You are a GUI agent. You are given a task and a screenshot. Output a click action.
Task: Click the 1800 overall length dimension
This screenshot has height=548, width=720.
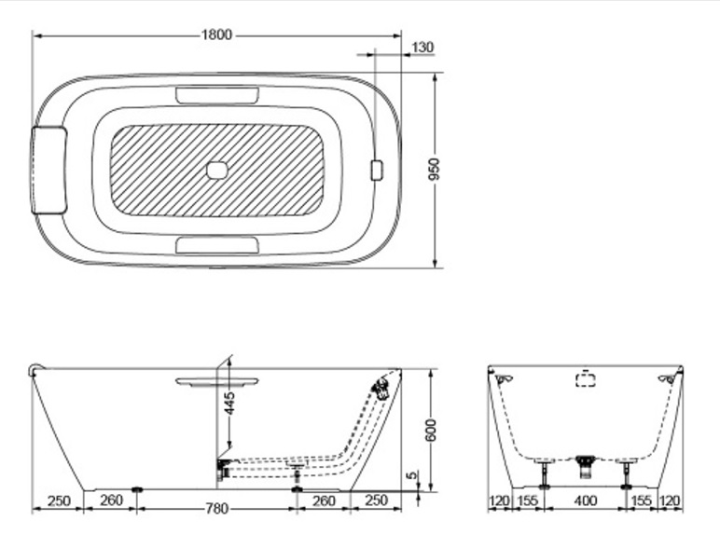[x=216, y=35]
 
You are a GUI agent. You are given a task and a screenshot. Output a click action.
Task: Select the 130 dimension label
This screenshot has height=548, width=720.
[x=422, y=48]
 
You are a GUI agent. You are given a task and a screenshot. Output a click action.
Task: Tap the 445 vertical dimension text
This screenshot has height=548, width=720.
[x=229, y=403]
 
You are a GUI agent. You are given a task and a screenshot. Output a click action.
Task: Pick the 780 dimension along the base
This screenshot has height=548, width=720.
[x=216, y=509]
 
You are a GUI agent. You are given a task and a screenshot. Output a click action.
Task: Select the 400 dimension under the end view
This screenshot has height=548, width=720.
[x=586, y=501]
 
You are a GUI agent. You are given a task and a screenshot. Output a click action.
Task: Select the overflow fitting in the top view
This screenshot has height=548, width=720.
[x=377, y=171]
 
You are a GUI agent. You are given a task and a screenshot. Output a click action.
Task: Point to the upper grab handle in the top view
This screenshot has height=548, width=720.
[x=216, y=95]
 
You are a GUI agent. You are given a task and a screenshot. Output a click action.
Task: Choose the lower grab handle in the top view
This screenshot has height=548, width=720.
[x=216, y=245]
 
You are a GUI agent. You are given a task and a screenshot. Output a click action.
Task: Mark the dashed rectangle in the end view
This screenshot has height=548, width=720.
[x=585, y=379]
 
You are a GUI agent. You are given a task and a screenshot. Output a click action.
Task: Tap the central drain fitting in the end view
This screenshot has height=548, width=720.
[x=586, y=460]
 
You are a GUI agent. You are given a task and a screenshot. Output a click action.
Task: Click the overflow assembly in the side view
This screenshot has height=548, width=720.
[x=380, y=388]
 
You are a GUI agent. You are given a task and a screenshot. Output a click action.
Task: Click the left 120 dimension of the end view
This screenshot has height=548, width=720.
[x=500, y=501]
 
